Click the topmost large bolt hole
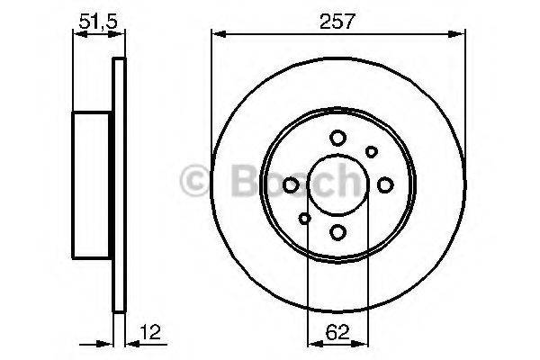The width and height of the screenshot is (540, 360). pos(337,138)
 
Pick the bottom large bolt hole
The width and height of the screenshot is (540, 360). pos(337,232)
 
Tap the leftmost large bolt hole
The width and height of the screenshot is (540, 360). pos(291,185)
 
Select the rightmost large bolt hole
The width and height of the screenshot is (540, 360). pos(385,185)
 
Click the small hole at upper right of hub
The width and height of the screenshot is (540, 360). pos(370,152)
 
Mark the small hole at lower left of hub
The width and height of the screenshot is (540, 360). pos(304,219)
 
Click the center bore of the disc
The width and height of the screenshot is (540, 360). pos(337,185)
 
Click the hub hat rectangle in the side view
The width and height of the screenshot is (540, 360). pos(93,185)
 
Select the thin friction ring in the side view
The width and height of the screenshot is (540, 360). pos(118,185)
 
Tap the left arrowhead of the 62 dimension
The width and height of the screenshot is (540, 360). pos(312,344)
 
